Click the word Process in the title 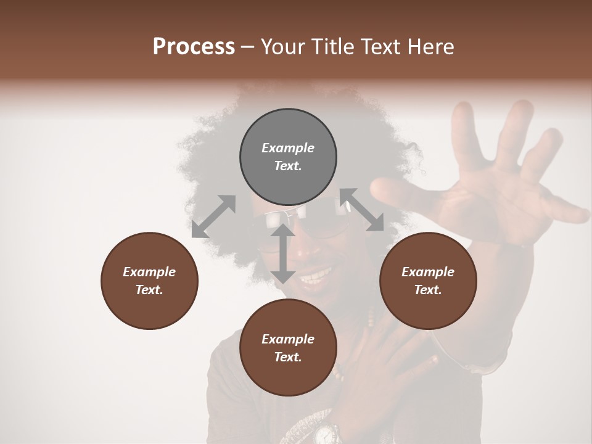pos(194,47)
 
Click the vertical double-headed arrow pos(283,253)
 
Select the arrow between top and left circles pos(213,216)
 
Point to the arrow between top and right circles pos(361,210)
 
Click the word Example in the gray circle pos(288,148)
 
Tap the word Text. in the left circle pos(149,290)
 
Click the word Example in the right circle pos(428,272)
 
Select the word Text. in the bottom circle pos(288,357)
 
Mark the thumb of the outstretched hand pos(395,191)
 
